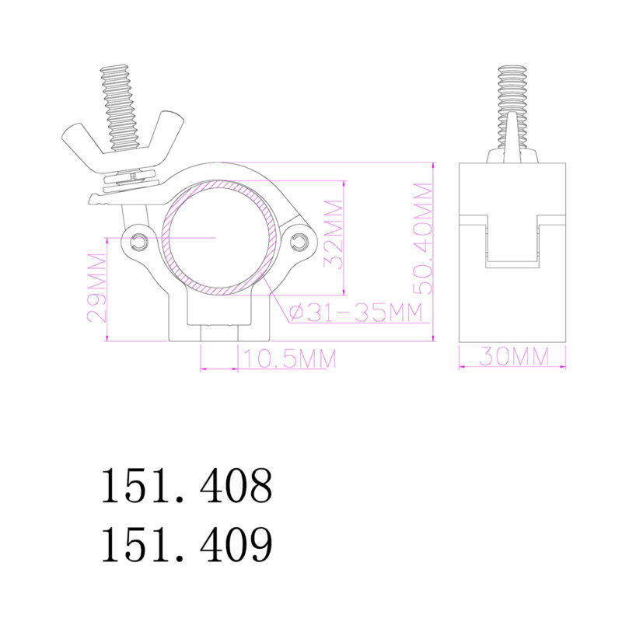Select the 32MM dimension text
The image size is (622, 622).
tap(334, 233)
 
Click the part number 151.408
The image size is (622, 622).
tap(187, 486)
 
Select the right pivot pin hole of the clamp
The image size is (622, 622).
tap(299, 243)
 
